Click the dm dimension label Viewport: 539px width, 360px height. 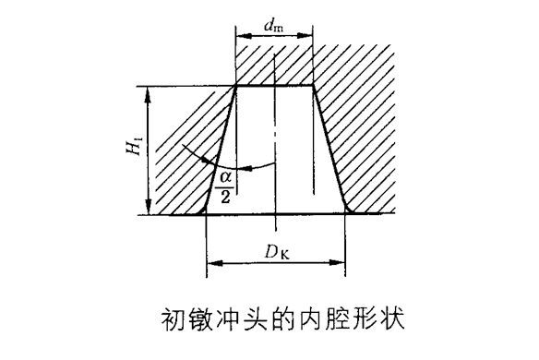[x=273, y=26]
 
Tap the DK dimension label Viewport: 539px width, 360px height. [x=277, y=252]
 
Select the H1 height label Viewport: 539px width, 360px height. [x=134, y=146]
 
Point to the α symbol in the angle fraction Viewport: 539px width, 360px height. [x=225, y=178]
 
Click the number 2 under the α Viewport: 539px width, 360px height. [x=225, y=197]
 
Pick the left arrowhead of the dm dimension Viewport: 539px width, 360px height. [x=244, y=35]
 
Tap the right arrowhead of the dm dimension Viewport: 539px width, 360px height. [x=305, y=35]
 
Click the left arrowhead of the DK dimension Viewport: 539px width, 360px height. [x=215, y=263]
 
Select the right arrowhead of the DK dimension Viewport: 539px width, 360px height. [x=337, y=263]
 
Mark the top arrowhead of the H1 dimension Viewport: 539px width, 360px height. [x=148, y=95]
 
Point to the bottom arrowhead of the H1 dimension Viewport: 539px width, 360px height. [x=148, y=206]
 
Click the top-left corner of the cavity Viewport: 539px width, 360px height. [x=236, y=85]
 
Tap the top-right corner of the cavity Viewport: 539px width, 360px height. [x=313, y=85]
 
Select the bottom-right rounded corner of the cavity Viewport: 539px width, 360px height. [x=348, y=210]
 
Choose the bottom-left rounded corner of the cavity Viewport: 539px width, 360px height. [x=203, y=210]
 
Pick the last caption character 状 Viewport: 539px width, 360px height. [x=392, y=320]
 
